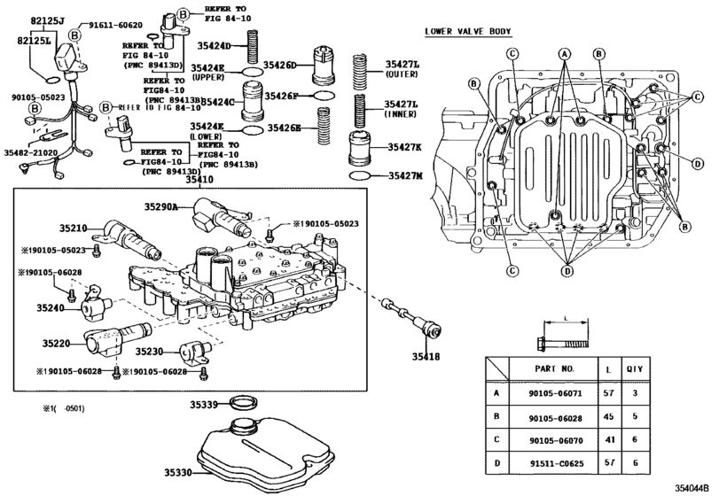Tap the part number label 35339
pos(204,405)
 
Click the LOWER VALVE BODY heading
pos(467,32)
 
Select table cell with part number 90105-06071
pos(557,391)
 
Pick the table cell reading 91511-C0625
pos(557,461)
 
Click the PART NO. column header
pos(557,367)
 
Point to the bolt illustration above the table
pos(560,341)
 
